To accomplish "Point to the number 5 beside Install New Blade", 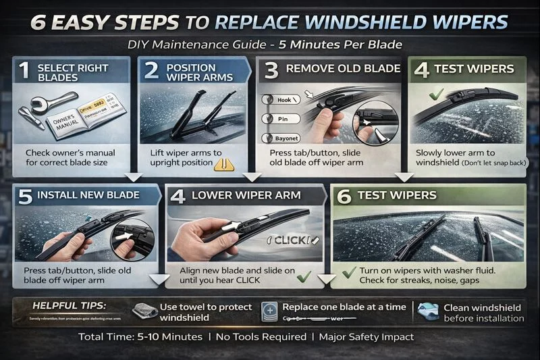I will click(25, 197).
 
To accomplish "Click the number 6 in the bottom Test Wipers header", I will click(344, 197).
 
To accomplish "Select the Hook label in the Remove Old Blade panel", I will click(284, 100).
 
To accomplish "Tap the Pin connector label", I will click(284, 118).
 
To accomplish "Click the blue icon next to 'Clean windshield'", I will click(427, 311).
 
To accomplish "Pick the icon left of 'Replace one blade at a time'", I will click(270, 311).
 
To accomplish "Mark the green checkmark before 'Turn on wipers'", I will click(349, 272).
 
